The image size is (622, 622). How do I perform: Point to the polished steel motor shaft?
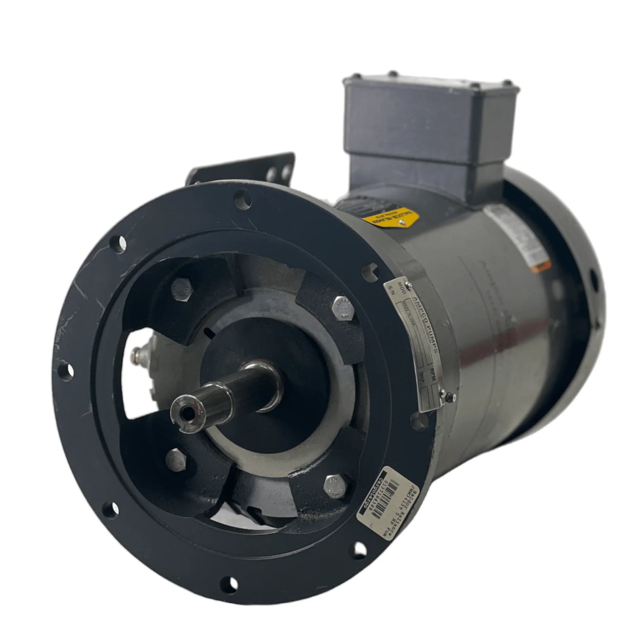(x=231, y=382)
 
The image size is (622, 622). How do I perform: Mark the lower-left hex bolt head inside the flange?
(x=177, y=457)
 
